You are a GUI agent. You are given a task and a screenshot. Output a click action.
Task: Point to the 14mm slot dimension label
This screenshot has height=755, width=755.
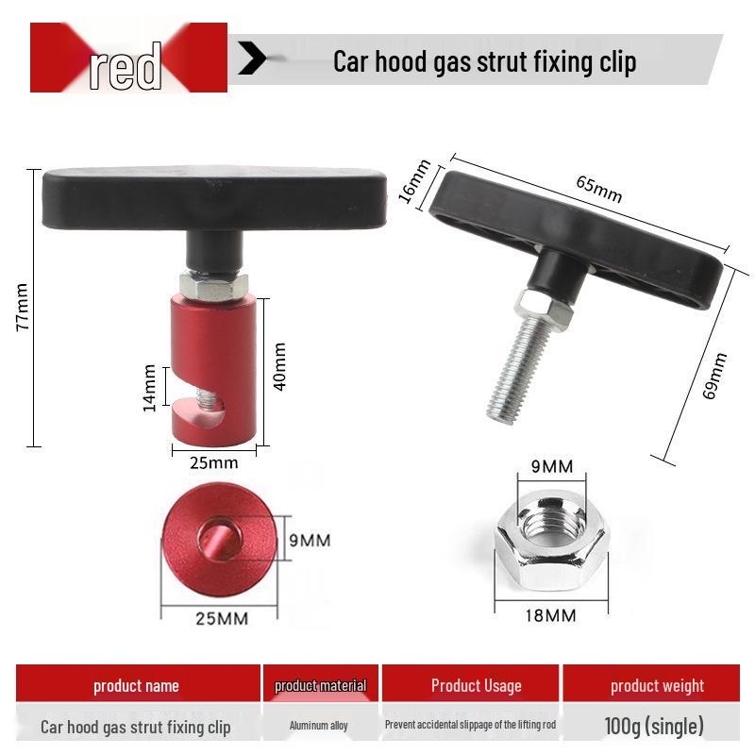click(x=150, y=387)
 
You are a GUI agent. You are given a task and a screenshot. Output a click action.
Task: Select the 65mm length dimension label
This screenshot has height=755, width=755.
click(x=599, y=190)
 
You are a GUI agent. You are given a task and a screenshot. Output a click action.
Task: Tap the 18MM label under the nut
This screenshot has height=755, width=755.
click(x=550, y=615)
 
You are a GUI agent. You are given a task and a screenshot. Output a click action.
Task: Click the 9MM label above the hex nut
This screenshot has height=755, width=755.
click(x=552, y=466)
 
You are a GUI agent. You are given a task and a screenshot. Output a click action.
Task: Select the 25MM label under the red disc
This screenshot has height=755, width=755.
click(x=221, y=619)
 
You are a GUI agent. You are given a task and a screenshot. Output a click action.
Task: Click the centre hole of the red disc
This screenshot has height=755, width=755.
click(x=216, y=541)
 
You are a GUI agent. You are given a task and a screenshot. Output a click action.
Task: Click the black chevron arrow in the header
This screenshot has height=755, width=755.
click(x=252, y=58)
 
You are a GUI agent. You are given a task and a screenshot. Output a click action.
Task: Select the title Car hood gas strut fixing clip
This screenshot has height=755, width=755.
click(x=484, y=61)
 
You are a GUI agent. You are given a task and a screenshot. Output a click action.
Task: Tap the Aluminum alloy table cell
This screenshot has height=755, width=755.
click(x=320, y=726)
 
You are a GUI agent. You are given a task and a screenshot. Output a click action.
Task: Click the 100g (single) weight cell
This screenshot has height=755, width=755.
click(x=654, y=726)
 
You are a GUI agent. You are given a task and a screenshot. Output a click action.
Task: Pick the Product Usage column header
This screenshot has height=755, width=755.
click(x=476, y=685)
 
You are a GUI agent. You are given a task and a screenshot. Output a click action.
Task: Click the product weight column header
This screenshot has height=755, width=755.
click(x=657, y=685)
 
